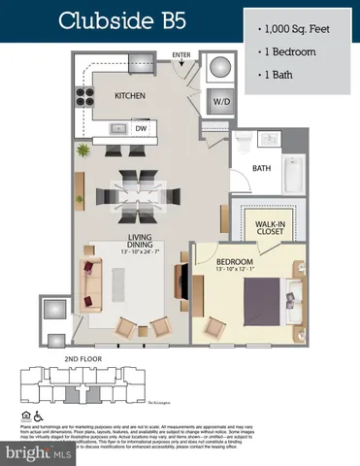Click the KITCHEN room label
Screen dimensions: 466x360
point(130,96)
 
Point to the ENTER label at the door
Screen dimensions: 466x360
point(181,55)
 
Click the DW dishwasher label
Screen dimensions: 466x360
point(141,127)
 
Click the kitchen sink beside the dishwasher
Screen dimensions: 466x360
point(116,127)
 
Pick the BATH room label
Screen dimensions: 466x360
point(260,168)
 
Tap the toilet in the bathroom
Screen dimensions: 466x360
point(244,141)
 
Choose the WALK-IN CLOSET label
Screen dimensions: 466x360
point(269,228)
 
